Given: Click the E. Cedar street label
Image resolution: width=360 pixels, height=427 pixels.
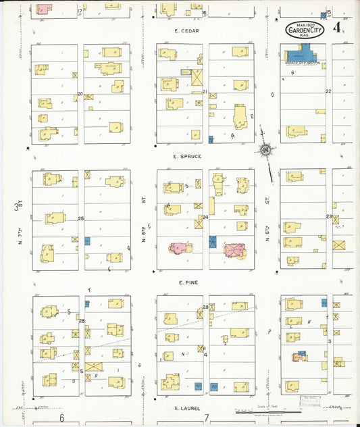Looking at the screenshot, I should click(x=184, y=30).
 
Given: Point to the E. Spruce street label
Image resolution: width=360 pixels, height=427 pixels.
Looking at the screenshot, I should click(x=184, y=156).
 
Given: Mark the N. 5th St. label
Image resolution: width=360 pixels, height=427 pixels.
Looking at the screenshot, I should click(x=267, y=201).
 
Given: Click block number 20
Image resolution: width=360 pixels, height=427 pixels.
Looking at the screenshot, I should click(x=80, y=93).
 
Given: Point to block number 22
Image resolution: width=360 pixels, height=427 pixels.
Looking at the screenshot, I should click(x=329, y=91).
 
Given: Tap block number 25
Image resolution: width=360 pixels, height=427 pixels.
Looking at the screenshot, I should click(x=80, y=218).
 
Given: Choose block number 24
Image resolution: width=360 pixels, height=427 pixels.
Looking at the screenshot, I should click(x=205, y=218).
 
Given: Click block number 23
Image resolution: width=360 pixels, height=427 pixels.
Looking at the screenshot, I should click(x=329, y=217).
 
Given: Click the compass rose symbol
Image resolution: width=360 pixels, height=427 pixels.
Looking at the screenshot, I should click(x=266, y=149).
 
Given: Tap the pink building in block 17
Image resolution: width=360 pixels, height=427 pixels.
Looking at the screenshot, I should click(x=43, y=9).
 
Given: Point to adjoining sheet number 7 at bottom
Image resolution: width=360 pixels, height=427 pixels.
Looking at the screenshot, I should click(x=207, y=418).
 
